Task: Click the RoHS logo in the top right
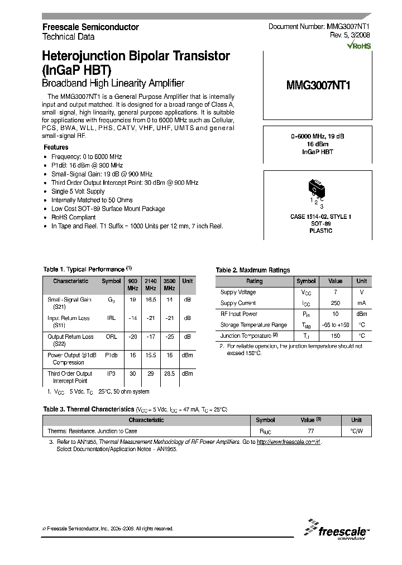click(x=359, y=46)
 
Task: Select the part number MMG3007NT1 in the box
click(x=318, y=85)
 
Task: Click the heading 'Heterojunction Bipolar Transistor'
click(x=136, y=56)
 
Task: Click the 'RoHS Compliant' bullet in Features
click(x=73, y=217)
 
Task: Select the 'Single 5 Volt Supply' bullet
click(x=78, y=191)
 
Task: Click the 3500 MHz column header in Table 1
click(x=169, y=284)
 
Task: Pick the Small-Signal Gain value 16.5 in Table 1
click(x=151, y=300)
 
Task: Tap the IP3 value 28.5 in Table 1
click(x=169, y=374)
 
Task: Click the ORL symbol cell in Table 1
click(x=111, y=337)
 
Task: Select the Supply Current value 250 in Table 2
click(x=335, y=303)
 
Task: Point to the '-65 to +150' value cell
click(x=335, y=324)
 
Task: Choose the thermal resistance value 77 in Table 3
click(x=310, y=431)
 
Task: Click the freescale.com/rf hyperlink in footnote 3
click(x=289, y=442)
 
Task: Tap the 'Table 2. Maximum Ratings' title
click(x=253, y=270)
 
